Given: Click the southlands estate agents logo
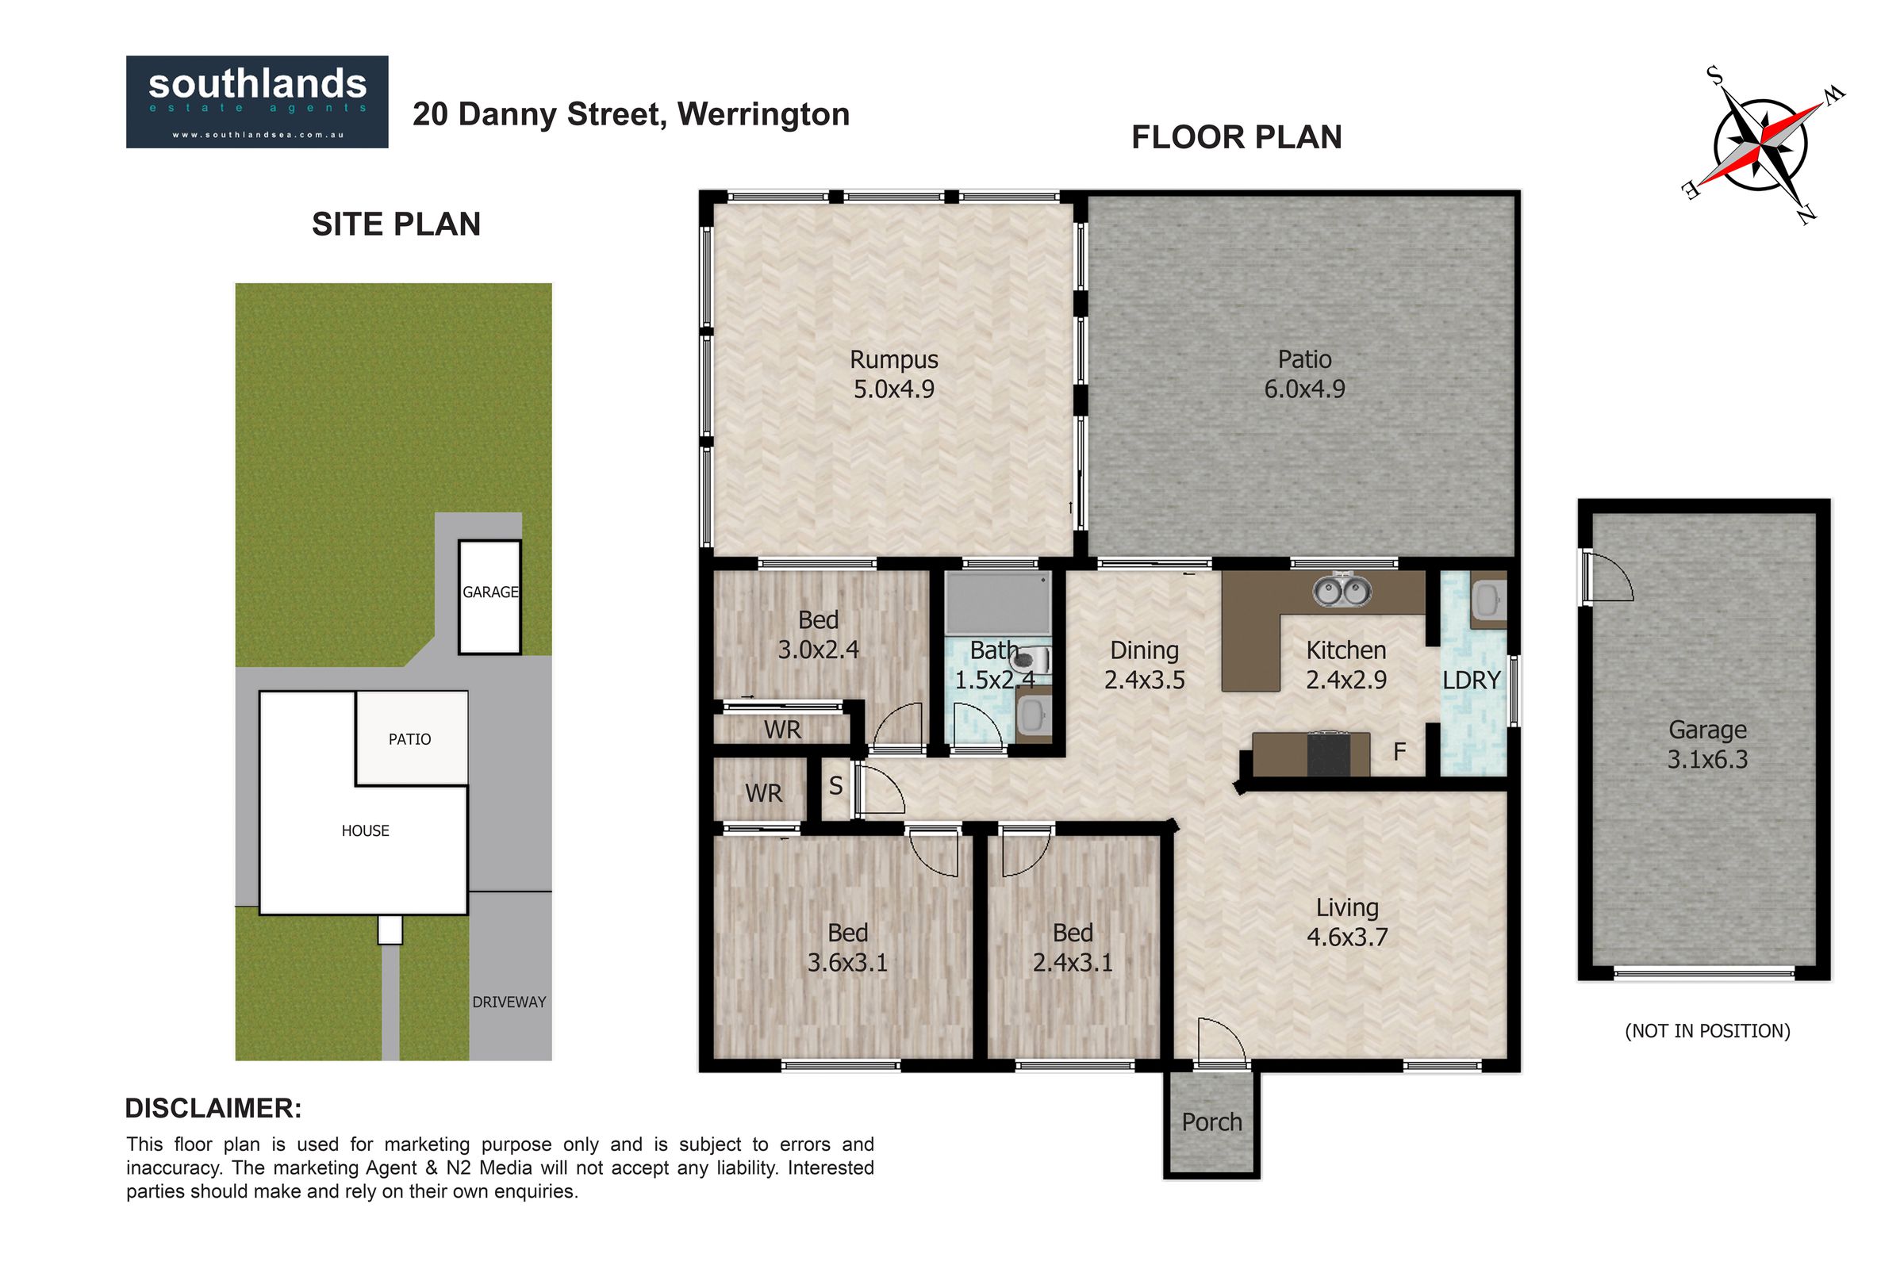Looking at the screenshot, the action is point(256,102).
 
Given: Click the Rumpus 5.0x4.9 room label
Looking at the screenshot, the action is point(894,374).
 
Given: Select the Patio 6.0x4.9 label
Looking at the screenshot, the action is point(1304,374).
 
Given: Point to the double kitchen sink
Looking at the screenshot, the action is point(1342,589).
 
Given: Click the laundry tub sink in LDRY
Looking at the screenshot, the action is point(1488,600).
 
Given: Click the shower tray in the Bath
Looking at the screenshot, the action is point(998,604).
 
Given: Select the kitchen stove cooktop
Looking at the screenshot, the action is point(1328,753).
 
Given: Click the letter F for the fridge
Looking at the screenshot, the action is point(1399,752).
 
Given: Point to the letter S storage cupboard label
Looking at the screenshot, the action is point(836,785).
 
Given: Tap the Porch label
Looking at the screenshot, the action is point(1211,1122).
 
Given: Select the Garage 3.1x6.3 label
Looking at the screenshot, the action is point(1707,745).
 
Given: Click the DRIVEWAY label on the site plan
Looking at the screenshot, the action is point(509,1002).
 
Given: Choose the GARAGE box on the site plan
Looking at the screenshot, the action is point(489,597).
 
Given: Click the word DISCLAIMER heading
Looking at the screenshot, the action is point(213,1108).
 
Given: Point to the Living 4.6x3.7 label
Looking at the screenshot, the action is point(1347,922).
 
